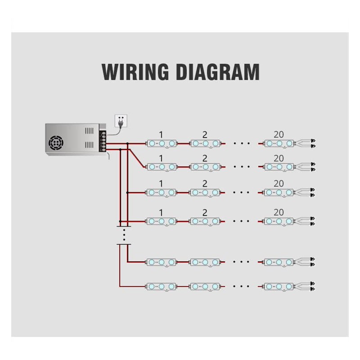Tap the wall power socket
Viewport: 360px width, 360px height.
(120, 120)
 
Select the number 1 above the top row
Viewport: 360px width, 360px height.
(161, 135)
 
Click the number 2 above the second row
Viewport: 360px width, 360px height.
(205, 158)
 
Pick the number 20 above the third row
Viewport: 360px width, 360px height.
(279, 184)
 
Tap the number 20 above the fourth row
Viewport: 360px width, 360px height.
(279, 212)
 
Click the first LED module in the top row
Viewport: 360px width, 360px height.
(161, 143)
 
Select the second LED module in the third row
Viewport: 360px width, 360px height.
(205, 192)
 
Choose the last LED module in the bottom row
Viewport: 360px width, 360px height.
(279, 286)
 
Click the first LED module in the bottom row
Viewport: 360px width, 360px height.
(161, 286)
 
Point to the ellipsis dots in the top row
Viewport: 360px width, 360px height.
(242, 144)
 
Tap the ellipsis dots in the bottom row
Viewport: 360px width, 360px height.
(242, 286)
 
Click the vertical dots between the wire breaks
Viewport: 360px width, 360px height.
(124, 234)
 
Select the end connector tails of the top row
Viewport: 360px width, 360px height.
(306, 143)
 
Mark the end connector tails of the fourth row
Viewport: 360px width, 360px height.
(306, 221)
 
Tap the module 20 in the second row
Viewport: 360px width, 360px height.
(279, 167)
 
